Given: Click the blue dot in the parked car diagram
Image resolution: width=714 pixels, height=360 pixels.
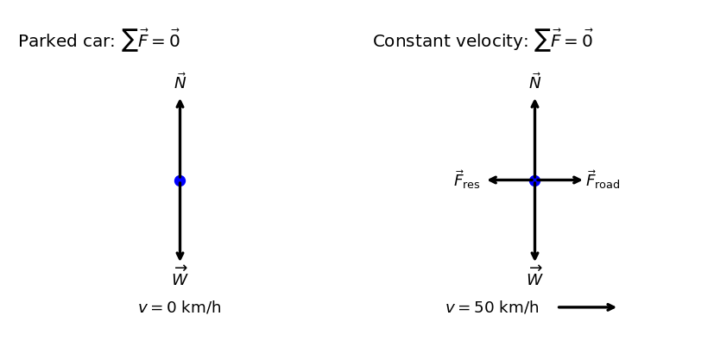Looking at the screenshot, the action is (180, 180).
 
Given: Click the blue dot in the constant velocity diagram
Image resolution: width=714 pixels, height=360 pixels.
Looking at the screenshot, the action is (534, 180).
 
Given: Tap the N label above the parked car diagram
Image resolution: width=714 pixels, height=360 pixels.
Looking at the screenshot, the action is (180, 81).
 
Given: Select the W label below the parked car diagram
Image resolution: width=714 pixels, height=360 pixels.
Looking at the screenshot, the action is (180, 275).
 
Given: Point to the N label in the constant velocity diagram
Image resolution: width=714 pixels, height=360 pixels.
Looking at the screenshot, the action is (534, 81).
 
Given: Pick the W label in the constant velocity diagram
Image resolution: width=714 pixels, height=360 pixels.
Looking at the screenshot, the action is (534, 275).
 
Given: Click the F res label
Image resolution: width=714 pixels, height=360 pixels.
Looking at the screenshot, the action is (467, 180).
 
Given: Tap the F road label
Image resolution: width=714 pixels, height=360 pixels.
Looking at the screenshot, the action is (603, 180).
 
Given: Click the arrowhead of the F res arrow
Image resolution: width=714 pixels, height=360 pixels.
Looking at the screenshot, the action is (492, 180).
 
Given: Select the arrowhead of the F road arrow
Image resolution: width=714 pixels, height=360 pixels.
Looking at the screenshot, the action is (578, 180).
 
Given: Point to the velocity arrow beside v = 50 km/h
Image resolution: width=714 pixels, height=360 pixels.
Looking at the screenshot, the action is (586, 307).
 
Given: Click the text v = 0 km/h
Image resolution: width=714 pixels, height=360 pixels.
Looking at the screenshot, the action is (180, 307).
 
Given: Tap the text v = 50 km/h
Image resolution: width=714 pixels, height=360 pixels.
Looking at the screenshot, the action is (492, 307).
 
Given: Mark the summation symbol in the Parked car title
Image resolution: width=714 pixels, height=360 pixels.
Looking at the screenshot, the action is (130, 41).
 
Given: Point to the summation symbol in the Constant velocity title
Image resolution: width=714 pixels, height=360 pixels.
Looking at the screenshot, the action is (542, 41).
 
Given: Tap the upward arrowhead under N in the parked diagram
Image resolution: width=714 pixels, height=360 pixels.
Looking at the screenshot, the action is (180, 104).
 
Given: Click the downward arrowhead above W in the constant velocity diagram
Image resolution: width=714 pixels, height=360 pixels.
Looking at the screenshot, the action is (534, 256).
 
